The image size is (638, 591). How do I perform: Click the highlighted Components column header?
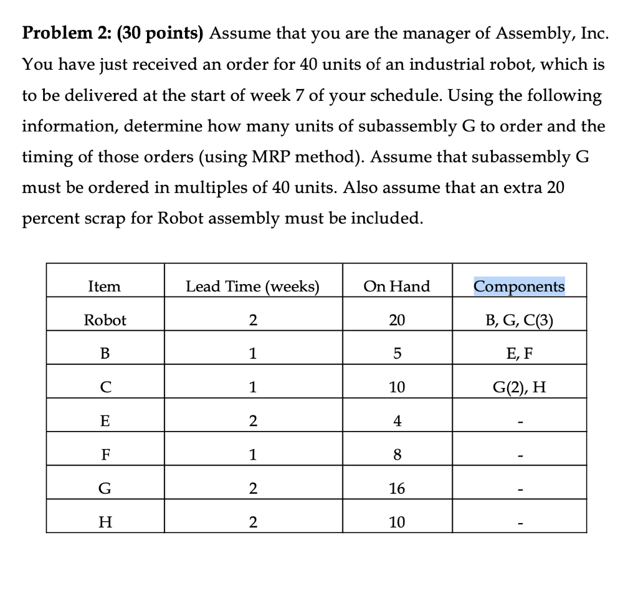pyautogui.click(x=519, y=286)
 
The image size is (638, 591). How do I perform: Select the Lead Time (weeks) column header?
pyautogui.click(x=252, y=286)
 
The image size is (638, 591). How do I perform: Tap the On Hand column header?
pyautogui.click(x=397, y=286)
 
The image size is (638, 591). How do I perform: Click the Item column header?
pyautogui.click(x=105, y=286)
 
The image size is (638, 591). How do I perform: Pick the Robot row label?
pyautogui.click(x=105, y=320)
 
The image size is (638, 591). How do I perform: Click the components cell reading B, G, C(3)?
pyautogui.click(x=519, y=320)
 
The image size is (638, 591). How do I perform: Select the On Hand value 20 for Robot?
pyautogui.click(x=397, y=320)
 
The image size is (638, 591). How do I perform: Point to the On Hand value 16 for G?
pyautogui.click(x=397, y=488)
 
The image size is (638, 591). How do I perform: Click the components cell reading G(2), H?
pyautogui.click(x=519, y=387)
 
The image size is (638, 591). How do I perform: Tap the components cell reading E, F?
pyautogui.click(x=519, y=354)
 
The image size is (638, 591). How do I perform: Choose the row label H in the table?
pyautogui.click(x=105, y=522)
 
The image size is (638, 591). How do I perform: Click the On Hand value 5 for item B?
pyautogui.click(x=397, y=354)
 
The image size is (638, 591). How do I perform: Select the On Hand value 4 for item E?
pyautogui.click(x=397, y=421)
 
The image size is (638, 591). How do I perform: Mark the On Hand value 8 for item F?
pyautogui.click(x=397, y=455)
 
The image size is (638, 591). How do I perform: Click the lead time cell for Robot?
pyautogui.click(x=252, y=320)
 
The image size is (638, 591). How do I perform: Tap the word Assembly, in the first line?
pyautogui.click(x=530, y=34)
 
